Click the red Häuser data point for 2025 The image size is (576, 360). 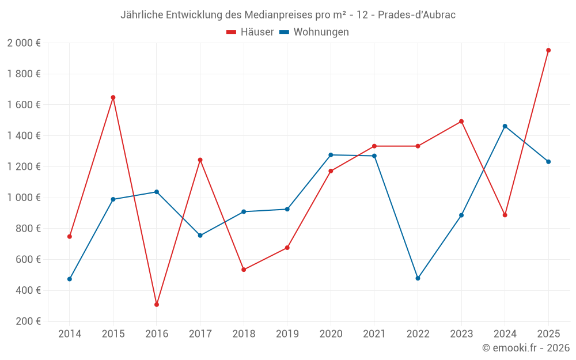pos(548,50)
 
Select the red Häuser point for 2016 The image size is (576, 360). pos(157,305)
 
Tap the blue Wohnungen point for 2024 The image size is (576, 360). pos(505,126)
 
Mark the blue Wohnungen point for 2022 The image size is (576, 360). pos(418,278)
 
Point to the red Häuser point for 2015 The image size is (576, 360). pos(113,97)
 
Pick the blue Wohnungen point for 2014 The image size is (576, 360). pos(70,279)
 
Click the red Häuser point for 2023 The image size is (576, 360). pos(461,122)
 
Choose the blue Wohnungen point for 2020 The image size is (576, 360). pos(331,155)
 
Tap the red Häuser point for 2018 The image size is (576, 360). pos(244,270)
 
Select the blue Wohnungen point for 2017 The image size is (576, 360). pos(200,236)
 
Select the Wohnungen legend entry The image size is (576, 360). pos(314,32)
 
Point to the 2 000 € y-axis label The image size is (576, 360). pos(24,43)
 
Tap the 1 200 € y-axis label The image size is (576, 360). pos(24,166)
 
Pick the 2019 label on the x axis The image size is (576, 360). pos(287,334)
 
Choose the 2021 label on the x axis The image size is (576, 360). pos(374,334)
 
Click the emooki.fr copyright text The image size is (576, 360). pos(526,348)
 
